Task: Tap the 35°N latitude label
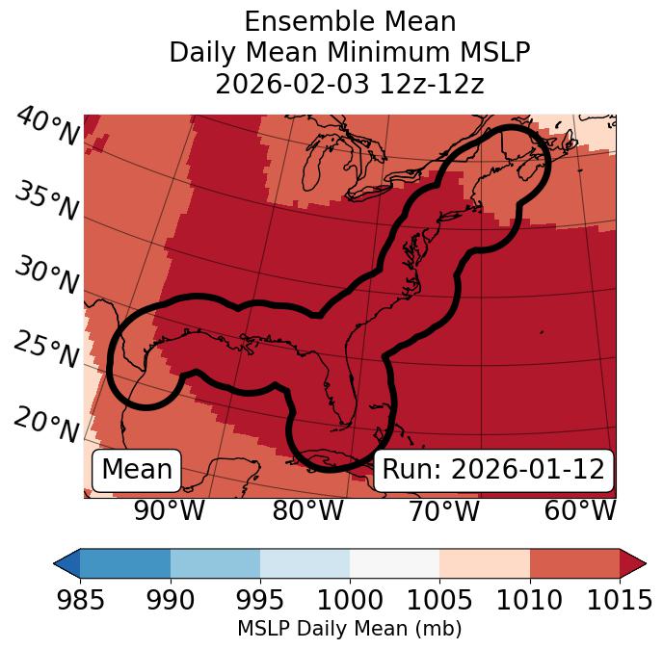click(x=46, y=201)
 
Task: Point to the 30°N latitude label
click(x=46, y=276)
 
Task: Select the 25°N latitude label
click(x=46, y=350)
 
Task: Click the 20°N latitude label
click(x=46, y=425)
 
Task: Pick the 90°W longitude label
click(x=170, y=510)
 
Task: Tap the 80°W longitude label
click(x=307, y=510)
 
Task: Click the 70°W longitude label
click(x=443, y=510)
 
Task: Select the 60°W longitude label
click(x=579, y=510)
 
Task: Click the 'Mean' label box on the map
click(x=137, y=470)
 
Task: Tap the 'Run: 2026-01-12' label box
click(x=493, y=470)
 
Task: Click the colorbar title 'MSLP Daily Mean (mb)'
click(x=349, y=629)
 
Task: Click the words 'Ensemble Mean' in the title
click(x=349, y=21)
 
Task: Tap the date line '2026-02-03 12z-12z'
click(x=349, y=84)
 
